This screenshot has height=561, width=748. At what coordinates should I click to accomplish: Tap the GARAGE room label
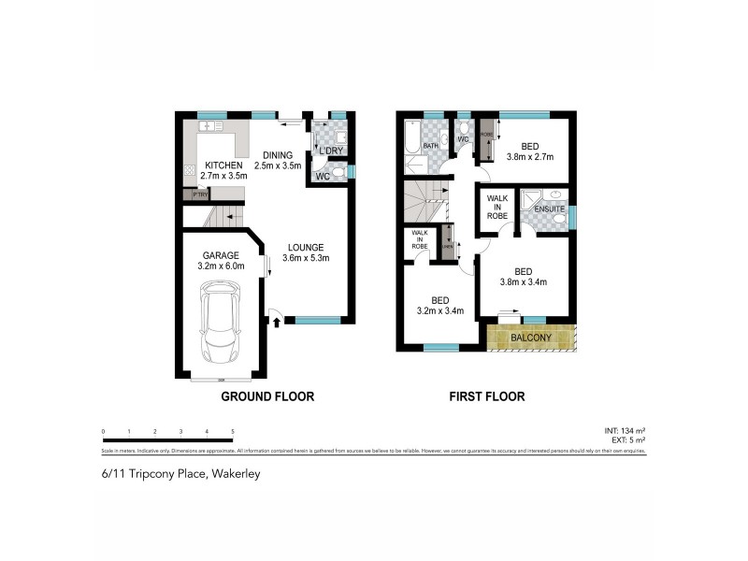[x=221, y=254]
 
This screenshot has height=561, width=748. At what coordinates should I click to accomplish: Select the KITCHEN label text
[x=223, y=165]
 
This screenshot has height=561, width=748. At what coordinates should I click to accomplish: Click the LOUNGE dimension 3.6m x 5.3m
[x=309, y=258]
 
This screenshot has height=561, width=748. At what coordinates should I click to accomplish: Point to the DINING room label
[x=279, y=155]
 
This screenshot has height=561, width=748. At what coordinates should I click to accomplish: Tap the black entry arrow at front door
[x=278, y=321]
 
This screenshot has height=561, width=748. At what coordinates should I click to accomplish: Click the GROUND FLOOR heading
[x=266, y=396]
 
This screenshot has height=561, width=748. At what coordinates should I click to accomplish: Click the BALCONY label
[x=530, y=338]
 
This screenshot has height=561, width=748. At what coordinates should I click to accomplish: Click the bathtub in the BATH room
[x=411, y=139]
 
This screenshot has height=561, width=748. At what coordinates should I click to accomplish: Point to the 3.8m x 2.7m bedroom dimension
[x=530, y=156]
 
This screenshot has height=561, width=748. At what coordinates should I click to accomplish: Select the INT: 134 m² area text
[x=626, y=430]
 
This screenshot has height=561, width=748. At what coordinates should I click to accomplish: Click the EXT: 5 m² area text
[x=627, y=439]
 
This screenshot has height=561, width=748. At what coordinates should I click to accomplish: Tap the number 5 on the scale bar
[x=232, y=431]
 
